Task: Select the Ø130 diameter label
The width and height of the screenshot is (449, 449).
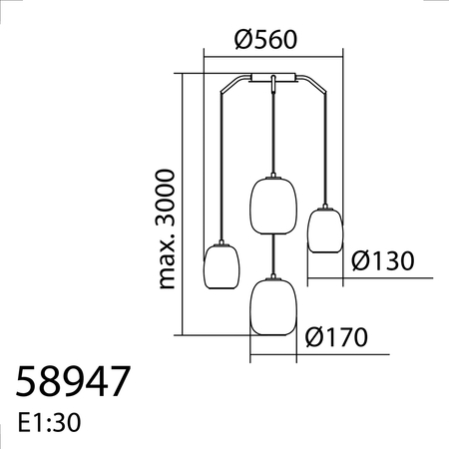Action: (384, 260)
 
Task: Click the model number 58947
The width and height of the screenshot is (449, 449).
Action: (74, 383)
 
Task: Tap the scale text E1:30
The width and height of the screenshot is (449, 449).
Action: (49, 422)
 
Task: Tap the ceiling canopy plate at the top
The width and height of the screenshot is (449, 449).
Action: (270, 78)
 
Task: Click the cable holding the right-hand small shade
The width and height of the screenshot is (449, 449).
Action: (325, 150)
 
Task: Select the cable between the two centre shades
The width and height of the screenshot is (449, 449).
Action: (274, 251)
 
